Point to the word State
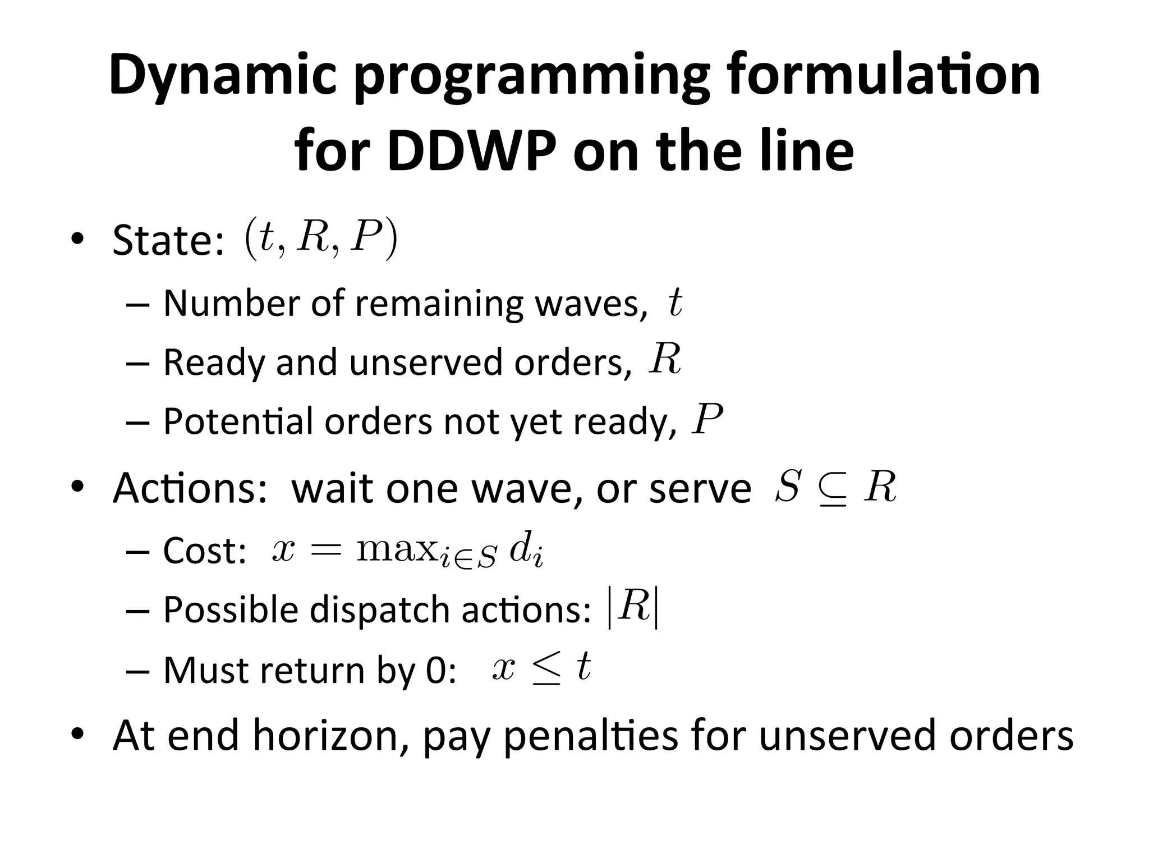click(168, 240)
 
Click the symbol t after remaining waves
click(675, 304)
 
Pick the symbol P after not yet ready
click(707, 419)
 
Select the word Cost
click(204, 551)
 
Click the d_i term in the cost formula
click(526, 552)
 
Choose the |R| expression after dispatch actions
click(633, 608)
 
